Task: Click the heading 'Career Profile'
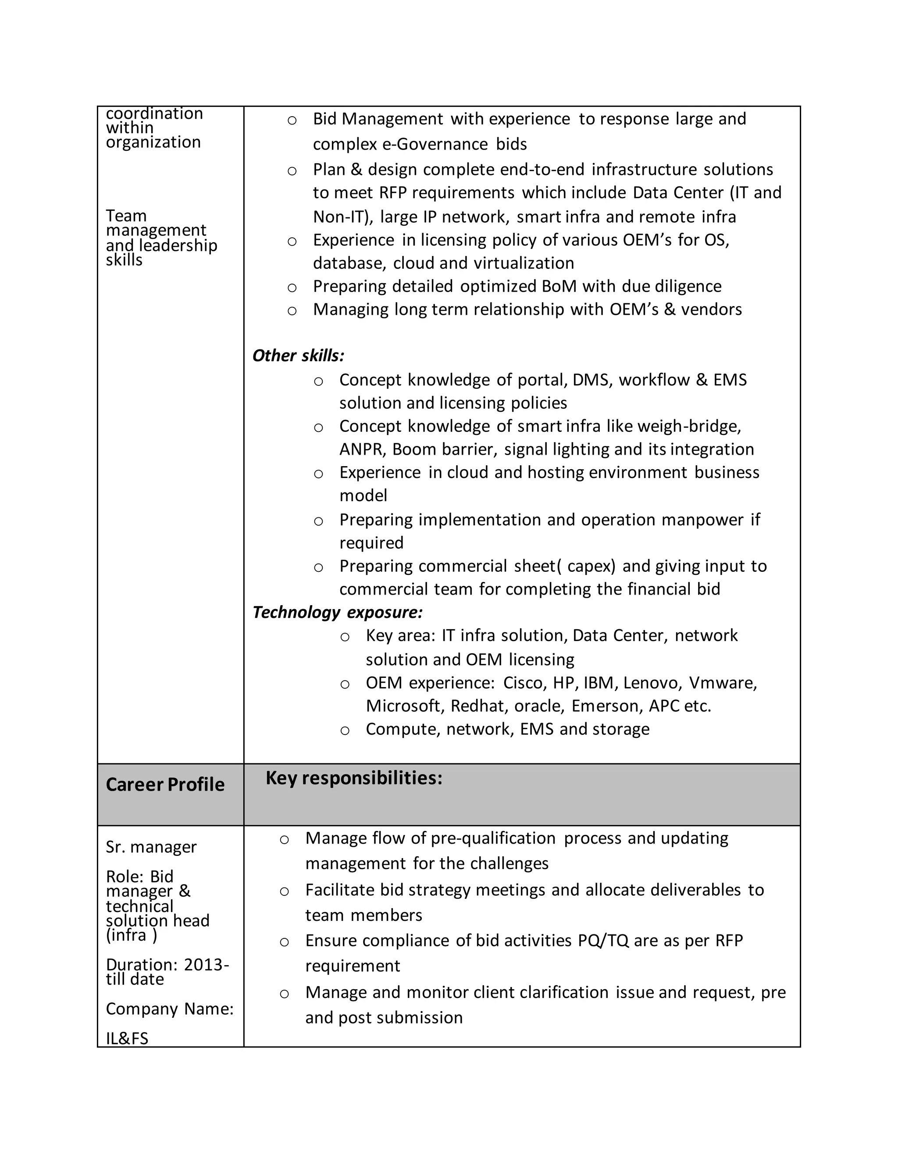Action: [x=165, y=785]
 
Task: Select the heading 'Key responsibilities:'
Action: [x=354, y=778]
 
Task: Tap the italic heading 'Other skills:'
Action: [x=298, y=356]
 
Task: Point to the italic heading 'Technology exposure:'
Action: [x=337, y=613]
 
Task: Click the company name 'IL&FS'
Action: [x=127, y=1038]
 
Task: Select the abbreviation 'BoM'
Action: [x=559, y=286]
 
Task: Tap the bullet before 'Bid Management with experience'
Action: [x=292, y=120]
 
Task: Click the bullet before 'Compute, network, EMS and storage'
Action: [x=345, y=731]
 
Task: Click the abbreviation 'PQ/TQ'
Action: [x=603, y=940]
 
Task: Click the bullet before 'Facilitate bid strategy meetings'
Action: [x=284, y=891]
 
